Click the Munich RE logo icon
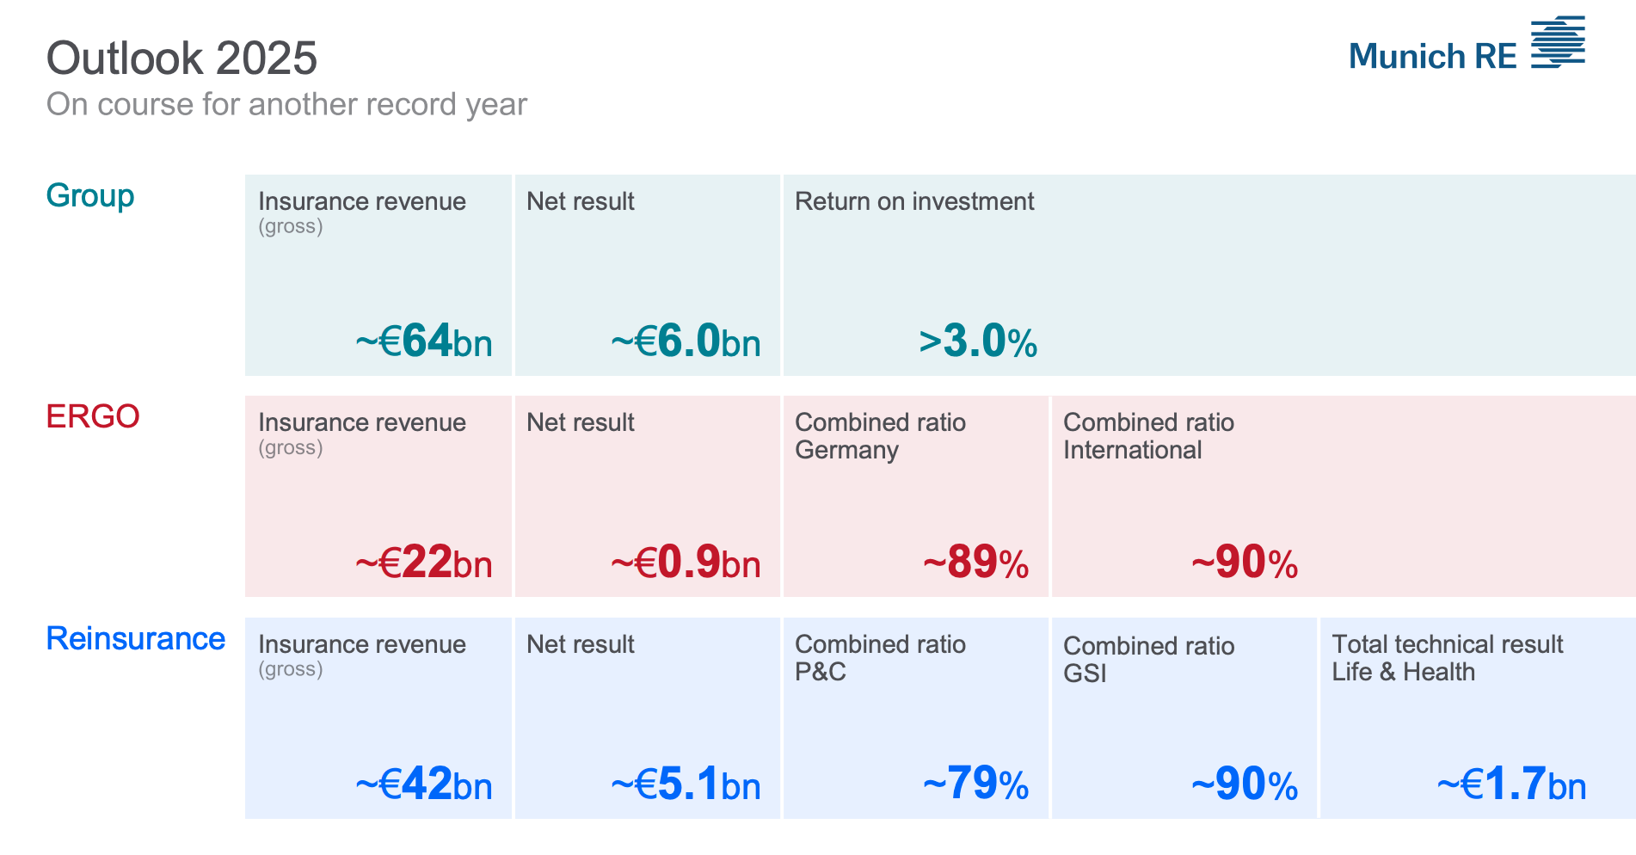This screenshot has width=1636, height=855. click(x=1557, y=41)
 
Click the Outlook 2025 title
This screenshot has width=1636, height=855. click(x=181, y=58)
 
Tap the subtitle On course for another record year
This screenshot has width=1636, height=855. click(x=286, y=104)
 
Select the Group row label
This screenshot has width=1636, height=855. click(x=90, y=195)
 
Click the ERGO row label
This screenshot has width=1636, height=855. click(x=93, y=416)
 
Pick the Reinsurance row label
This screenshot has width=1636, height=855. click(x=136, y=638)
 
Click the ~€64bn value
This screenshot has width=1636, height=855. click(x=424, y=341)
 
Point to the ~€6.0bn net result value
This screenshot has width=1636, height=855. click(x=686, y=341)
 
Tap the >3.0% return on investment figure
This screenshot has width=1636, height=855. click(x=978, y=341)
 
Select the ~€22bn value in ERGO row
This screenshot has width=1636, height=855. click(x=424, y=563)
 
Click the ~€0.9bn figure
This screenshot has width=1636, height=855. click(x=686, y=563)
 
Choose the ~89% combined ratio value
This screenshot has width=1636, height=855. click(x=975, y=563)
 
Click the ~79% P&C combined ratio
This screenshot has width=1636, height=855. click(x=975, y=784)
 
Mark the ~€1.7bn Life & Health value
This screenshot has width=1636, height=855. click(x=1511, y=784)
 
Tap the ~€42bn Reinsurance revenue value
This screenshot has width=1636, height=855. click(x=424, y=784)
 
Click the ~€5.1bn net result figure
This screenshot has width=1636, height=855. click(x=686, y=784)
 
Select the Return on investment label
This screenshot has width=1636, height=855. click(x=914, y=201)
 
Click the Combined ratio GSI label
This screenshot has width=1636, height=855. click(x=1148, y=659)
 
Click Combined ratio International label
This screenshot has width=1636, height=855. click(x=1148, y=436)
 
